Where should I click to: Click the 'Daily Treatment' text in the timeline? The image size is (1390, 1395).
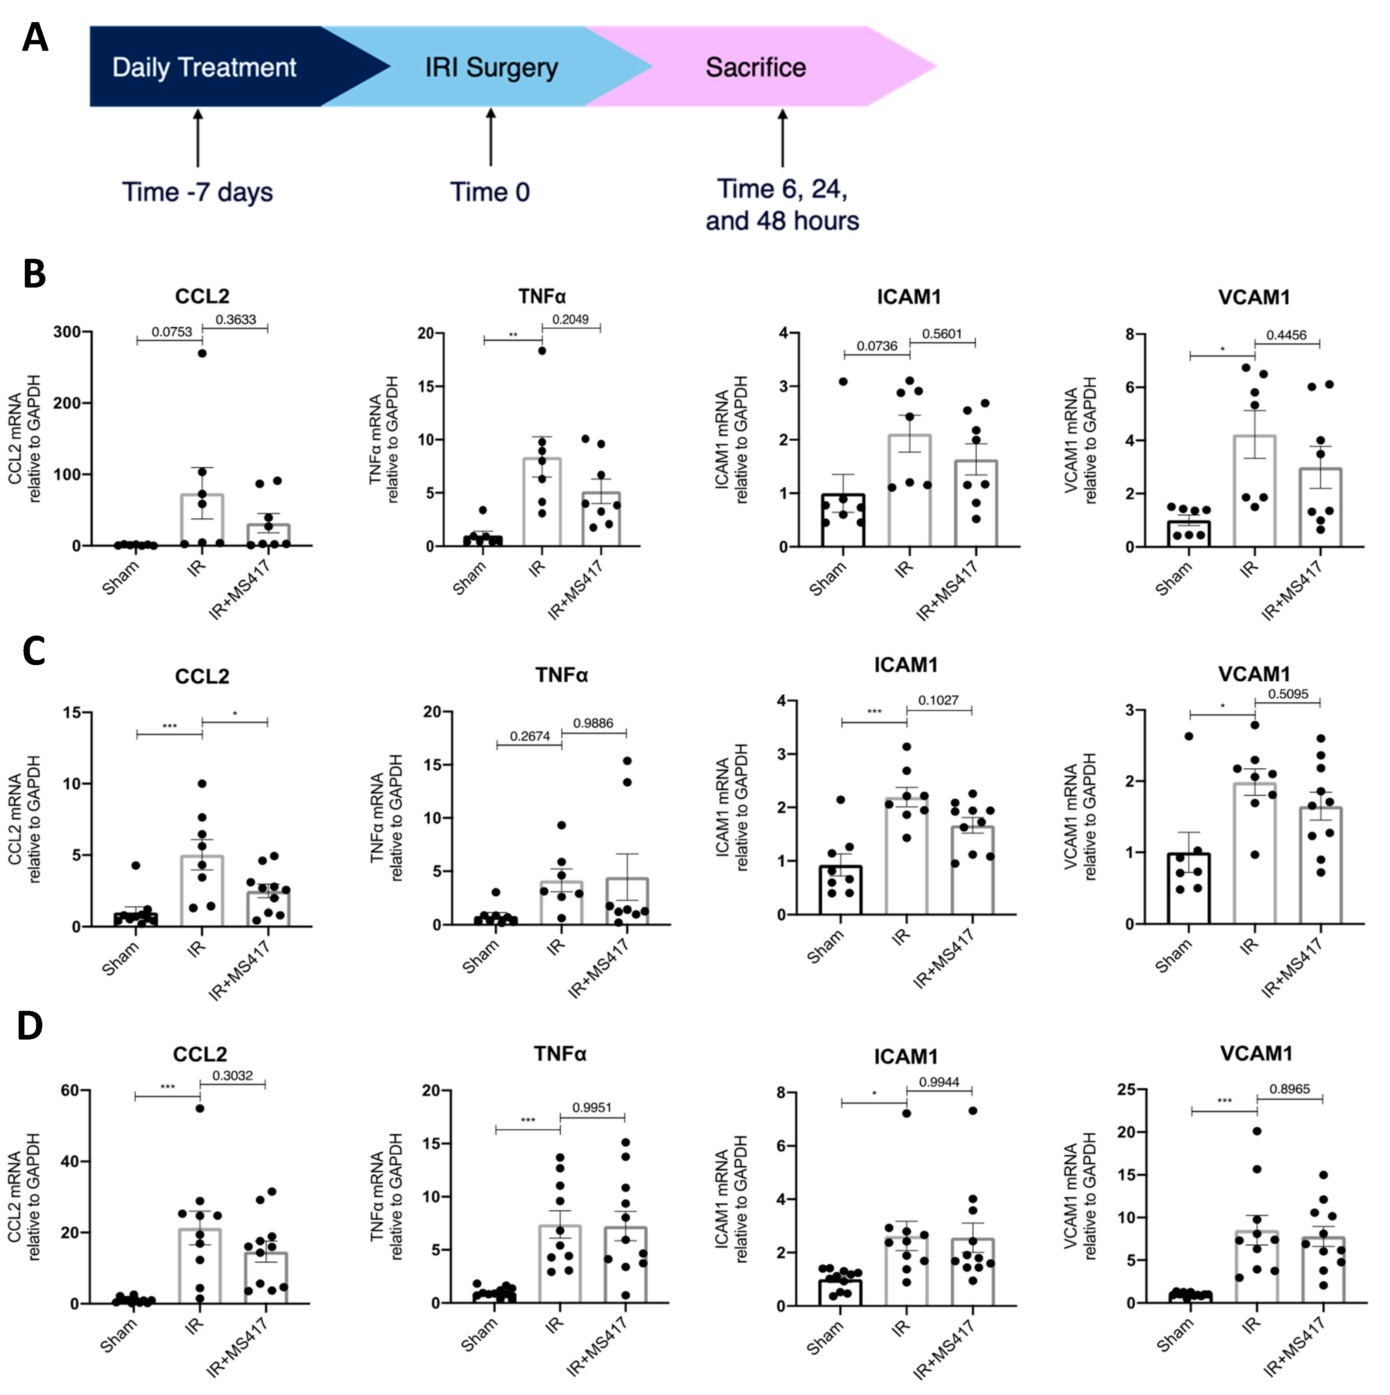[204, 67]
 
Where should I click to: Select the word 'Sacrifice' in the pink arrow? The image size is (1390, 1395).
[756, 67]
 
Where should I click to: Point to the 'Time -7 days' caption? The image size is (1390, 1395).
[197, 192]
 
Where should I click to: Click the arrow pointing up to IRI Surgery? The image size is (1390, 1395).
[491, 137]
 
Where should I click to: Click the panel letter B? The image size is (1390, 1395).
[34, 275]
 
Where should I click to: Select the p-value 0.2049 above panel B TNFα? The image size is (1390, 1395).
[570, 319]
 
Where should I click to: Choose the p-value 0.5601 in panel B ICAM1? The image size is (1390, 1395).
[942, 334]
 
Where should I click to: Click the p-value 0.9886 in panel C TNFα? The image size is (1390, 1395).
[593, 723]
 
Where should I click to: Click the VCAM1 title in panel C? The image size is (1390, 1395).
[1254, 674]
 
